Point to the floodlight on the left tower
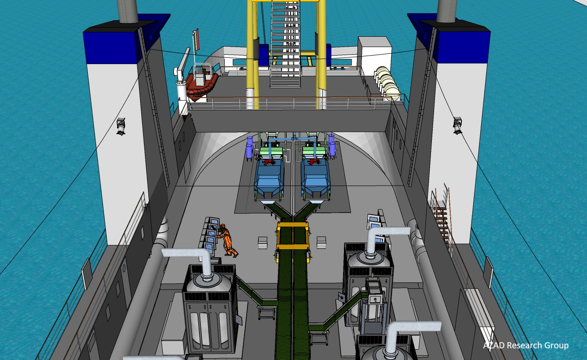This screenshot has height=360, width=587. (121, 126)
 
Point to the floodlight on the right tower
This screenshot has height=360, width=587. (457, 125)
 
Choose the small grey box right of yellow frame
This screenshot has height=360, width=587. (321, 242)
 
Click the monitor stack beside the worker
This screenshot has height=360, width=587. (211, 235)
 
